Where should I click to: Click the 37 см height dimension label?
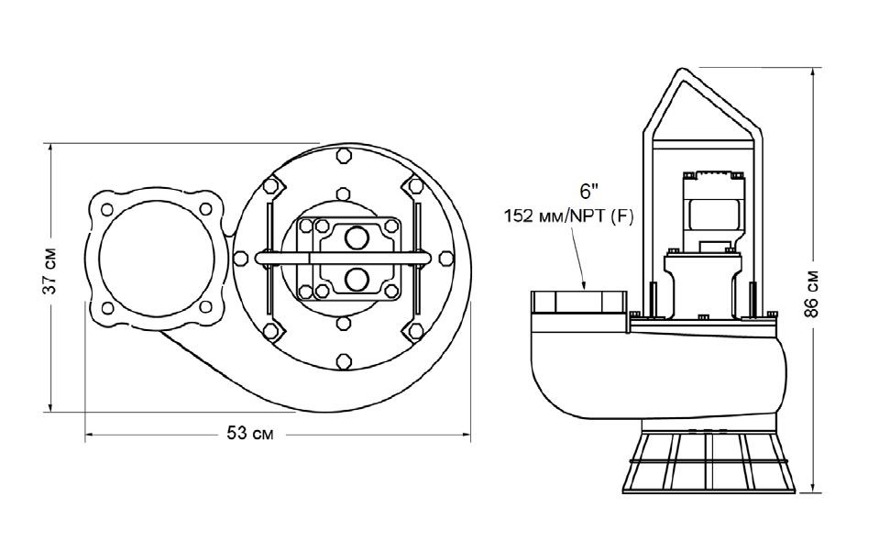52,272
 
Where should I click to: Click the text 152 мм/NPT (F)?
569,216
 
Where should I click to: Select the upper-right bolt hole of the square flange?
205,206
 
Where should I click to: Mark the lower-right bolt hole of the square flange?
205,305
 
